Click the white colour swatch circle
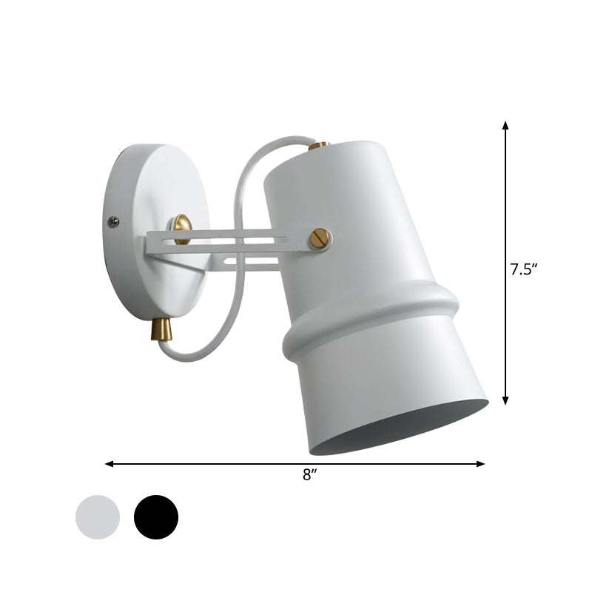98,517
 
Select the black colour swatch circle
156,517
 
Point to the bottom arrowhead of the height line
506,400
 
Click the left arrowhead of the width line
110,464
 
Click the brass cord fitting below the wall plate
164,326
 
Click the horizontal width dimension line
222,464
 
